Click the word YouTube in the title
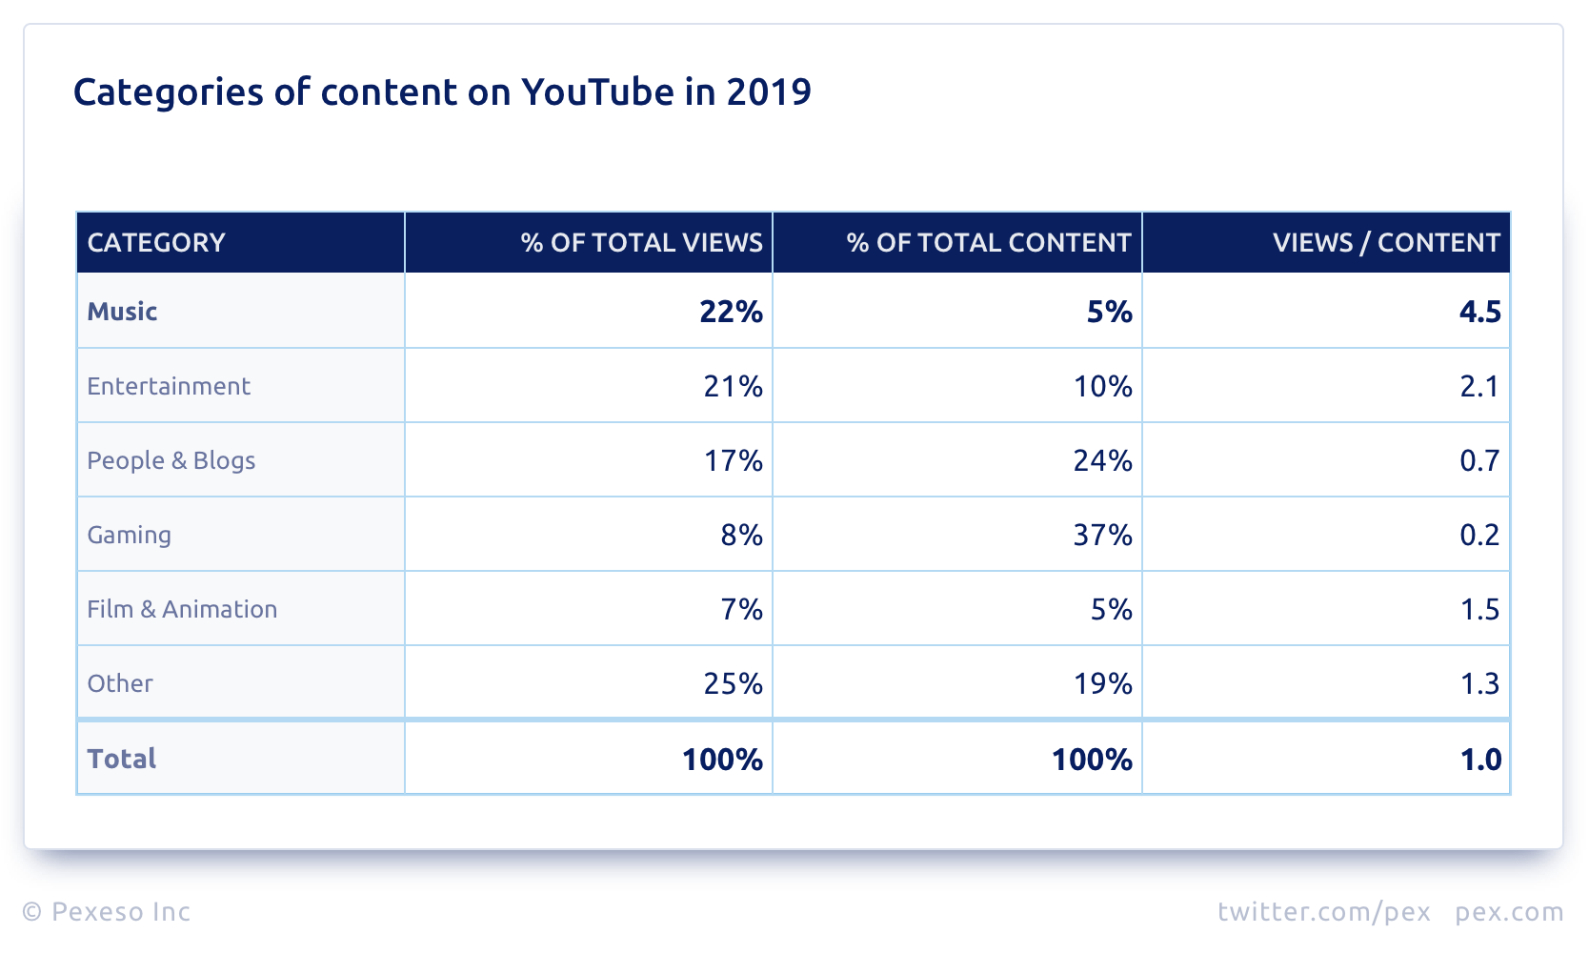pos(597,92)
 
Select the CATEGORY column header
pos(156,243)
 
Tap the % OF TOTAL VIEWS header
pos(641,243)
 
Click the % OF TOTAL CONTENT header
pos(988,243)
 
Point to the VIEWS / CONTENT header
pos(1386,243)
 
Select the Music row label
pos(122,312)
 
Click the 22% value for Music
pos(731,312)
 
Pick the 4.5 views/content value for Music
pos(1479,312)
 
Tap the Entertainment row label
pos(169,386)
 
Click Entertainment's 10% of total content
pos(1102,386)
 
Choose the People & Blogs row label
pos(171,460)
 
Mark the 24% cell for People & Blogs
pos(1102,460)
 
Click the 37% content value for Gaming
pos(1102,535)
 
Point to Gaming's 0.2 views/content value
pos(1479,535)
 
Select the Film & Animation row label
pos(182,609)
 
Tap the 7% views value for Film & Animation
pos(741,609)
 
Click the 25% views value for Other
pos(733,683)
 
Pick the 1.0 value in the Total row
pos(1480,760)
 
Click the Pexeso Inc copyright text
pos(107,912)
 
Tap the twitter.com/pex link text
pos(1324,912)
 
